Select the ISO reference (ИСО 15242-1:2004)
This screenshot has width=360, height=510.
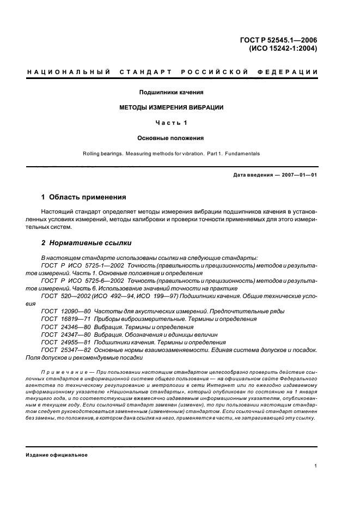tap(283, 47)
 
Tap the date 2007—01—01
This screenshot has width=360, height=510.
tap(297, 175)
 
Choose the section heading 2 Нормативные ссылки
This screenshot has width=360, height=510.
tap(86, 242)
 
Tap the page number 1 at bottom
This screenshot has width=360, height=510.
tap(316, 466)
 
